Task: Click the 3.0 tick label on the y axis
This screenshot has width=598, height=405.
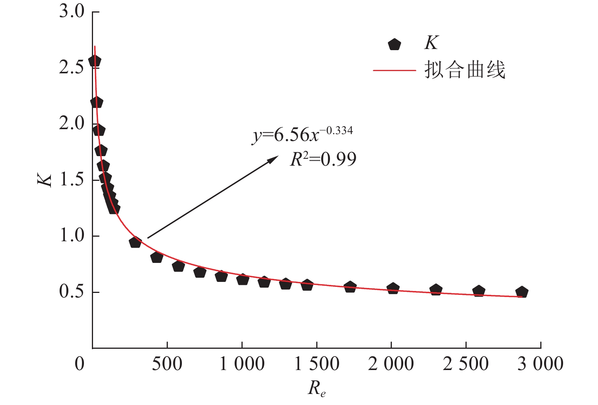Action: pos(71,11)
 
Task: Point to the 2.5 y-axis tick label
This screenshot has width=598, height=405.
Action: pos(71,67)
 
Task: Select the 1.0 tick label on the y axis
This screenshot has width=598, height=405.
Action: pos(71,236)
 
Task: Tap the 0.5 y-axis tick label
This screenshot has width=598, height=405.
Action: pos(71,291)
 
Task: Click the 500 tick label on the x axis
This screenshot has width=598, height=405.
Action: pos(167,364)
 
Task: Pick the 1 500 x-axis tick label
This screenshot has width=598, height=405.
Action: pos(317,364)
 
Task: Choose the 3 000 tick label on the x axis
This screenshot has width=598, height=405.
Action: pos(540,364)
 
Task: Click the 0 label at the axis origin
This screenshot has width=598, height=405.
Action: pos(79,364)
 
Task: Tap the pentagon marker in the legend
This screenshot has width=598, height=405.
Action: pos(394,44)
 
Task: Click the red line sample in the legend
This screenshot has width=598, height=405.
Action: pos(394,70)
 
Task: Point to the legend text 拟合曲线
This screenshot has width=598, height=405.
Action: pos(465,70)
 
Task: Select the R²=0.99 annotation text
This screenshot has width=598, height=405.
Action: pos(323,159)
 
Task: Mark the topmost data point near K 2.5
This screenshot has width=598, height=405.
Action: pos(95,61)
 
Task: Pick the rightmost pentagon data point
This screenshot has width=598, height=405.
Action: pos(522,292)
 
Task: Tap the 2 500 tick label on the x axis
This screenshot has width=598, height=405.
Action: pos(465,364)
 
